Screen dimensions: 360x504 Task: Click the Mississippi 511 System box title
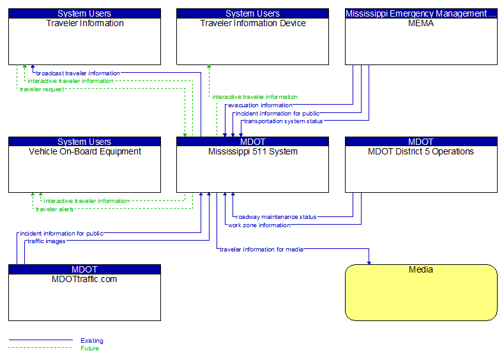click(x=252, y=151)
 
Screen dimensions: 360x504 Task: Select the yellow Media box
click(x=421, y=292)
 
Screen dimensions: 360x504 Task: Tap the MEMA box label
click(x=421, y=24)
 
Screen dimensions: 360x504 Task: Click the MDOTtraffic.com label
click(x=84, y=279)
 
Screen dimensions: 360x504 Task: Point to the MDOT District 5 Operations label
click(x=421, y=151)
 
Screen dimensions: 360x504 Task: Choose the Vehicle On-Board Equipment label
click(x=84, y=151)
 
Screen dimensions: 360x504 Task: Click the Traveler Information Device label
click(x=252, y=24)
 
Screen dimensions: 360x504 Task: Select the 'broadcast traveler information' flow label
click(x=78, y=73)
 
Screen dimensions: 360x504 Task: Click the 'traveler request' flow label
click(x=42, y=89)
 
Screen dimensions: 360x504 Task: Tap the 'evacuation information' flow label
click(x=260, y=105)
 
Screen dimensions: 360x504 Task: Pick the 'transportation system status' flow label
click(x=283, y=121)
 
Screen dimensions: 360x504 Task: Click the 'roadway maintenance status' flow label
click(x=276, y=217)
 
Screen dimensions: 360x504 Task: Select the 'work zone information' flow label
click(x=259, y=225)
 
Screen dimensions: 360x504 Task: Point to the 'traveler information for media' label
click(x=261, y=249)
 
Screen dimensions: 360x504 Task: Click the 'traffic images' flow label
click(x=46, y=241)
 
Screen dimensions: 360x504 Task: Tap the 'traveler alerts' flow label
click(x=54, y=209)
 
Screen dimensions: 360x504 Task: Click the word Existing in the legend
click(x=92, y=341)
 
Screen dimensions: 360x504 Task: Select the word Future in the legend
click(x=89, y=348)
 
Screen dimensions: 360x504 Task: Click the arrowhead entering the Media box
click(x=369, y=261)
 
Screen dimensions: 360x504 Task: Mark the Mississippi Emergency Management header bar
click(x=421, y=13)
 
